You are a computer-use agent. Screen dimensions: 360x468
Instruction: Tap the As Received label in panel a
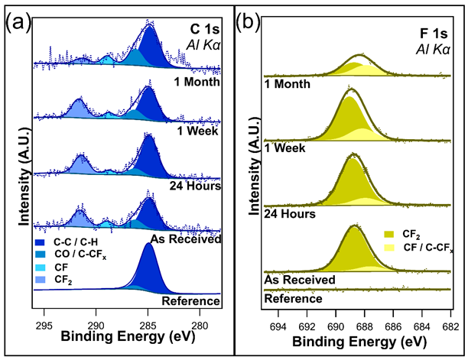point(187,239)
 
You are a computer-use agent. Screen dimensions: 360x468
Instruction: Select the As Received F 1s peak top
point(354,227)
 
